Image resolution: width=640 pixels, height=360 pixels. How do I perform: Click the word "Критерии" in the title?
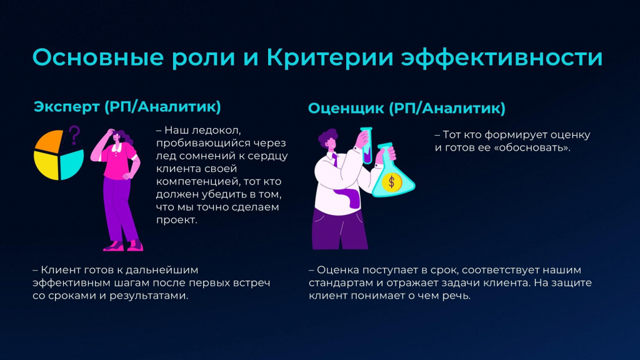coord(331,57)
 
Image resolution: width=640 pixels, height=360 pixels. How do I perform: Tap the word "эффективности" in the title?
coord(502,58)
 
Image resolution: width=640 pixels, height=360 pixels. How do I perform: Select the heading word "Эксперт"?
coord(66,107)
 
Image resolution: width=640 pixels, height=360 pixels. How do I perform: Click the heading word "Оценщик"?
coord(346,109)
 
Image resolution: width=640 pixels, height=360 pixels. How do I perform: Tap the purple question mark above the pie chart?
coord(74,135)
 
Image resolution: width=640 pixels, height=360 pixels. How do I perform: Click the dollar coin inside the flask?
coord(392,182)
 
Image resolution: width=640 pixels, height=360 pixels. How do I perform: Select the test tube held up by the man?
coord(366,146)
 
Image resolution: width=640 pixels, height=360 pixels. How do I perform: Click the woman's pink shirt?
coord(118,161)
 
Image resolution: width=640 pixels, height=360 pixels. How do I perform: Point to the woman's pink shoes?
coord(123,246)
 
